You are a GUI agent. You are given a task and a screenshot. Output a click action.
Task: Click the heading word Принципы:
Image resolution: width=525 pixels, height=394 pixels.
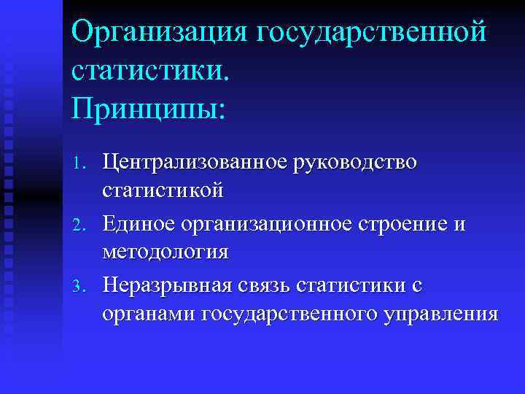tap(149, 109)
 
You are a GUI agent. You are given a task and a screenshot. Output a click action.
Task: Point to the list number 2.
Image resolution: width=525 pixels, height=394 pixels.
tap(82, 225)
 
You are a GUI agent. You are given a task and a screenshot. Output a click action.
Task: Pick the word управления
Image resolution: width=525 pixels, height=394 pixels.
tap(440, 314)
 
